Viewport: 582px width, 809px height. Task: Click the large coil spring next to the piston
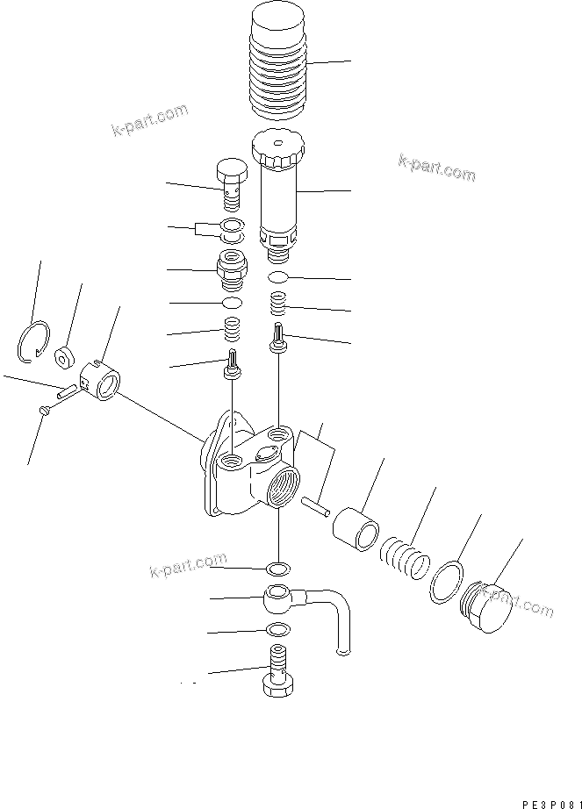click(x=402, y=560)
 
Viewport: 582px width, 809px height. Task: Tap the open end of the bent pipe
click(x=340, y=648)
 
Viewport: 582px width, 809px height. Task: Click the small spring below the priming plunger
click(x=278, y=305)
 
